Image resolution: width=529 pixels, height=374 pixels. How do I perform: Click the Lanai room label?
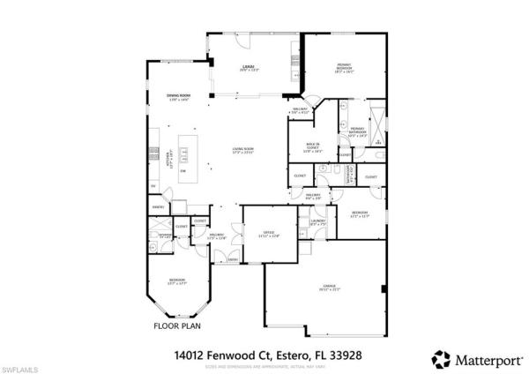250,67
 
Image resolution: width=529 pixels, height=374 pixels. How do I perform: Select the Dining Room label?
179,99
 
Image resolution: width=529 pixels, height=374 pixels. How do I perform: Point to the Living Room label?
242,151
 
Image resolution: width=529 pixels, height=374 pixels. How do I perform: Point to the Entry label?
233,259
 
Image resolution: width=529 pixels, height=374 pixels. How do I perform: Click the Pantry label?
159,206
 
